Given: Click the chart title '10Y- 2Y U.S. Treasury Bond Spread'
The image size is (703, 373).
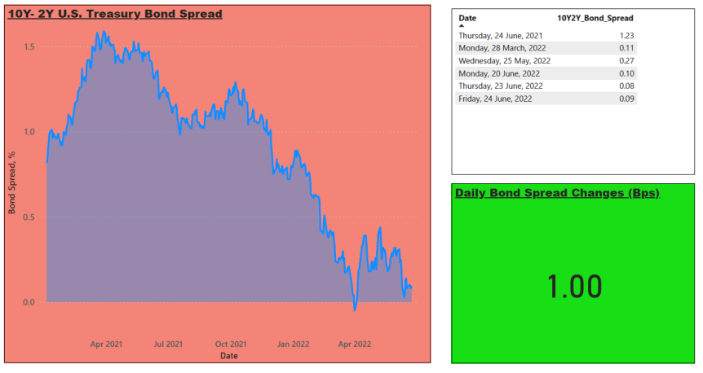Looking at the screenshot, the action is (115, 14).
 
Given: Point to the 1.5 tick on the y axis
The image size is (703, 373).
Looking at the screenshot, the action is (29, 47).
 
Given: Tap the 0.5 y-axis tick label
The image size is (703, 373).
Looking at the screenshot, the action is (29, 217).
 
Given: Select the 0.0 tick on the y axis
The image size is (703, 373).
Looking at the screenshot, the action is (29, 302).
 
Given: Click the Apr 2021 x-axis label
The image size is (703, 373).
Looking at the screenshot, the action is (106, 344).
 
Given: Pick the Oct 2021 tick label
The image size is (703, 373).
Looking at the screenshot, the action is (231, 344).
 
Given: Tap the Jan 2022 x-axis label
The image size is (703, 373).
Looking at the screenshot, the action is (294, 344).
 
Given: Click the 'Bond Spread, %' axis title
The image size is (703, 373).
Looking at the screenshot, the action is (12, 182).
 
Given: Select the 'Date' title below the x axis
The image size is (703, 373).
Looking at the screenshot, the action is (228, 356).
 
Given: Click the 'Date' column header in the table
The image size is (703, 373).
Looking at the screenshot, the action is (467, 18).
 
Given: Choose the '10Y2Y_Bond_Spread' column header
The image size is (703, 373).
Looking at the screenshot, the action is (595, 18).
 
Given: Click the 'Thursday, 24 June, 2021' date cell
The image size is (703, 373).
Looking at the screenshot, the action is (501, 35).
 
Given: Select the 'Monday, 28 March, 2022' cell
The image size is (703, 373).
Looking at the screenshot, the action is (502, 48).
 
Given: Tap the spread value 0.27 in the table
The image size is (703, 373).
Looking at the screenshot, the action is (627, 60).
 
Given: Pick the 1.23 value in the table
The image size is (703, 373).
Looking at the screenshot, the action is (627, 35).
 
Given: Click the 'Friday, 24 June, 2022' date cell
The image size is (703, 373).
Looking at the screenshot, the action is (495, 99).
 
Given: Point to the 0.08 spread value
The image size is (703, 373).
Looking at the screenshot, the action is (627, 86).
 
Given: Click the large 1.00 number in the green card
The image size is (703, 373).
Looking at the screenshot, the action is (575, 286).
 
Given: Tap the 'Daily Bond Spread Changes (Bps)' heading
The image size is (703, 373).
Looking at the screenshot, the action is (557, 193).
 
